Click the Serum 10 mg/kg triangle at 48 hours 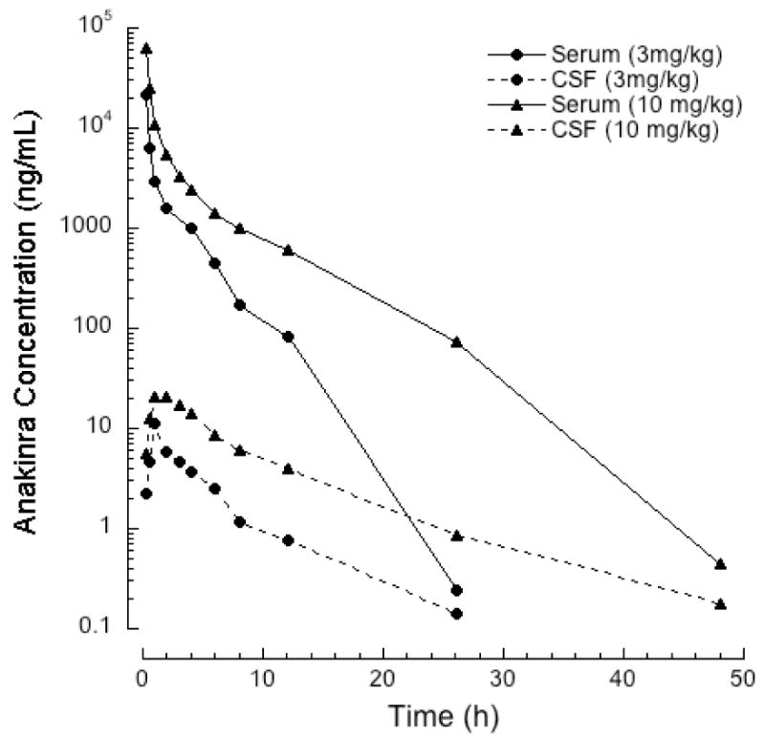pos(720,564)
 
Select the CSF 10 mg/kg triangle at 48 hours pos(720,604)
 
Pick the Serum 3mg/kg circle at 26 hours pos(456,590)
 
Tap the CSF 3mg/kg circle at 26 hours pos(456,614)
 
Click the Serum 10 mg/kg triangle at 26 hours pos(456,341)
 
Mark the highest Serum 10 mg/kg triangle pos(146,48)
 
